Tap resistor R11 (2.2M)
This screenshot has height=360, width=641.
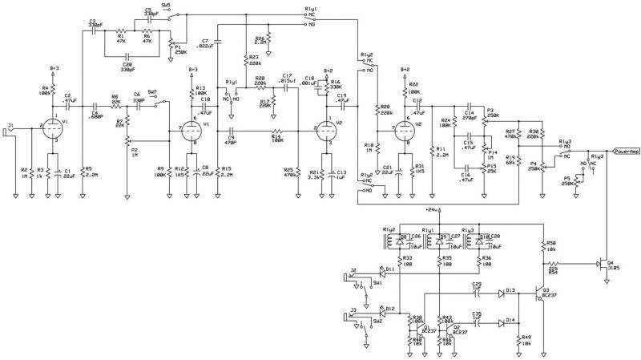click(430, 152)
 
